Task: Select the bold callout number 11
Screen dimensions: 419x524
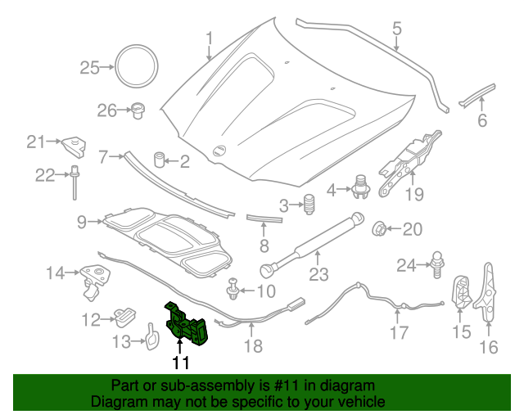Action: click(180, 363)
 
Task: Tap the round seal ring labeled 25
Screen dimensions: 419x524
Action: click(135, 65)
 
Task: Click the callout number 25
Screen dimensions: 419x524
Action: click(88, 68)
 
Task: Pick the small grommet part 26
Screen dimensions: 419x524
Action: click(138, 110)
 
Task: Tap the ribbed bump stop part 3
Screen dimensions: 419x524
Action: click(309, 205)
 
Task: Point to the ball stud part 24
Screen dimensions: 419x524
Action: click(437, 262)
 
